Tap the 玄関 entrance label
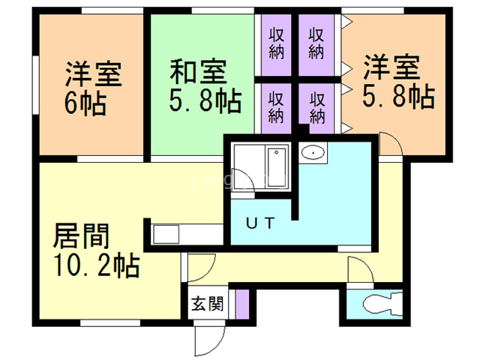[x=205, y=304]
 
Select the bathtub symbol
[x=274, y=166]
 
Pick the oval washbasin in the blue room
[x=312, y=153]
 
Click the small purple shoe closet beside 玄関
[x=241, y=304]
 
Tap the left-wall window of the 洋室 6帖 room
[x=34, y=86]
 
